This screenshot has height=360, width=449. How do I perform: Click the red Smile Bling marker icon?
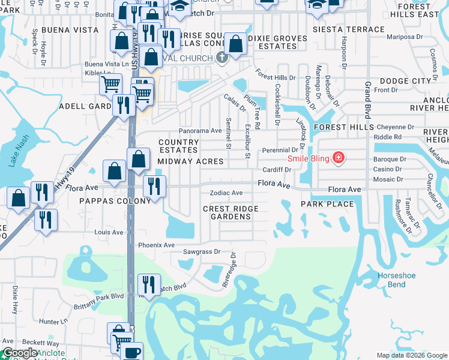click(x=339, y=158)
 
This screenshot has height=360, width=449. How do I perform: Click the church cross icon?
click(x=222, y=58)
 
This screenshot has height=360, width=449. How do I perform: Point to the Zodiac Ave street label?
click(x=226, y=193)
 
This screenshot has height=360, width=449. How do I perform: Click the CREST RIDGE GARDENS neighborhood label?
click(x=231, y=213)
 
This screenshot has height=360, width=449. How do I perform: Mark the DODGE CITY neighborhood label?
click(x=405, y=80)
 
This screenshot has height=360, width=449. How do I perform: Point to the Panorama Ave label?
click(x=200, y=131)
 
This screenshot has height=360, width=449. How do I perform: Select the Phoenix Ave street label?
click(x=156, y=245)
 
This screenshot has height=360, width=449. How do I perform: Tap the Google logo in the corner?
click(x=20, y=353)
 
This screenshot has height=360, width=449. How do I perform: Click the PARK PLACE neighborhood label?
click(x=328, y=204)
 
